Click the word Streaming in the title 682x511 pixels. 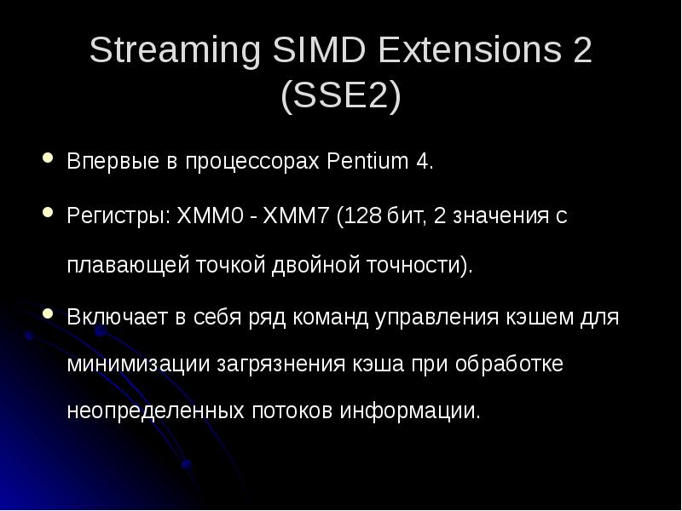click(x=175, y=53)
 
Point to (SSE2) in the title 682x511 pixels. click(x=340, y=96)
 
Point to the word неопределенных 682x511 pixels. click(x=155, y=411)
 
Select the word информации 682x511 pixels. click(x=410, y=411)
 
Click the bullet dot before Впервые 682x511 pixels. click(x=48, y=159)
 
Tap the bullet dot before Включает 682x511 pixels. click(x=48, y=314)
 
